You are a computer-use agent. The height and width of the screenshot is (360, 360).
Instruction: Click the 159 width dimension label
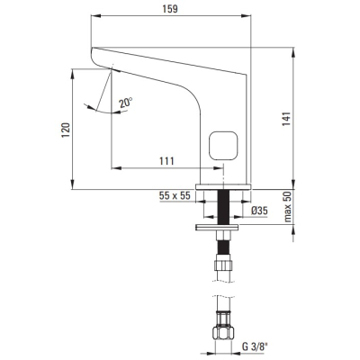170,9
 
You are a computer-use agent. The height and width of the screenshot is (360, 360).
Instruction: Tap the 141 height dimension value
286,119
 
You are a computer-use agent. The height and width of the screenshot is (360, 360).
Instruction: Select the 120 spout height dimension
66,130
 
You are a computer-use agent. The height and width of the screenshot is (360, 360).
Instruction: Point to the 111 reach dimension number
166,161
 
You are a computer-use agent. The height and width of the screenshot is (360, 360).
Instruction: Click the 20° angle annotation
125,103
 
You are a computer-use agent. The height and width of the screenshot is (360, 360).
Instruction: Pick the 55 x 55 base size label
175,196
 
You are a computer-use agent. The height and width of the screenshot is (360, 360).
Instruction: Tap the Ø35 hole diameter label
259,211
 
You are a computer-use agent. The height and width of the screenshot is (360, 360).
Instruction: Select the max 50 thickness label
288,207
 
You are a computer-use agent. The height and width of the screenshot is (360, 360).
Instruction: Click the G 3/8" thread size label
255,347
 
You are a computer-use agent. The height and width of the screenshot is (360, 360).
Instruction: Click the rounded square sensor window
223,146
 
